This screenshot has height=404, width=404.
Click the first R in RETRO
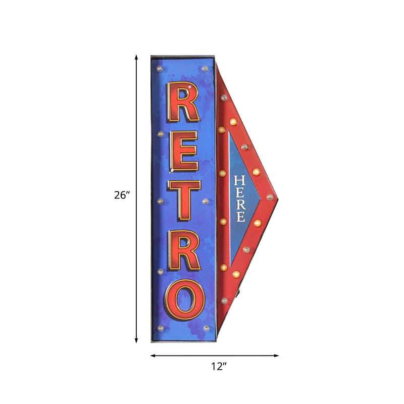tap(183, 102)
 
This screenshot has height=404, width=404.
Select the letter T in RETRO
tap(184, 200)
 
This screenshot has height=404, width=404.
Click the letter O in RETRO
tap(183, 301)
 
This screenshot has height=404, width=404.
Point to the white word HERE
tap(240, 199)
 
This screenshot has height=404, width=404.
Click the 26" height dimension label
tap(122, 195)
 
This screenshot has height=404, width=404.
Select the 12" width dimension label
tap(218, 367)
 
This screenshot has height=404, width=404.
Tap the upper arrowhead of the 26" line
tap(136, 58)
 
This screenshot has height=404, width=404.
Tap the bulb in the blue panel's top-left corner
tap(161, 68)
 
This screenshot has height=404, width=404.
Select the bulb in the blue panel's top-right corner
tap(205, 68)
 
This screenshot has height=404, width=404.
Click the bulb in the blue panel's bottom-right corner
tap(206, 328)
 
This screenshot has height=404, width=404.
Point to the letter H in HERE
tap(240, 180)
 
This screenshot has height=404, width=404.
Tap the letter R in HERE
tap(240, 205)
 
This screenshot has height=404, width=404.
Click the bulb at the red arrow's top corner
tap(224, 97)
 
